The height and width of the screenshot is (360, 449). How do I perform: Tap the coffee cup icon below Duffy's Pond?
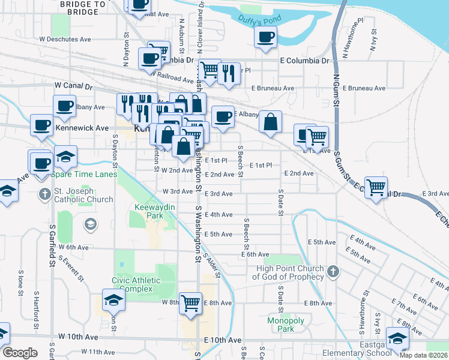point(265,37)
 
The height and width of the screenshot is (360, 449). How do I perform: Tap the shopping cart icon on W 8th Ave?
point(190,303)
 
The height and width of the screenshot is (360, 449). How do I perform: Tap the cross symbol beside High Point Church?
point(333,272)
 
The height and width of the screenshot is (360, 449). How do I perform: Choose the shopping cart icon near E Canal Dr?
point(376,187)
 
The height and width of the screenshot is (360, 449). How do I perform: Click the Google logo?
point(20,352)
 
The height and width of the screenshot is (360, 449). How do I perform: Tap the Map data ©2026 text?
point(423,355)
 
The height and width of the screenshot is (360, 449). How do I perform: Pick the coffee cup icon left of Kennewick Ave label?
point(42,125)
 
